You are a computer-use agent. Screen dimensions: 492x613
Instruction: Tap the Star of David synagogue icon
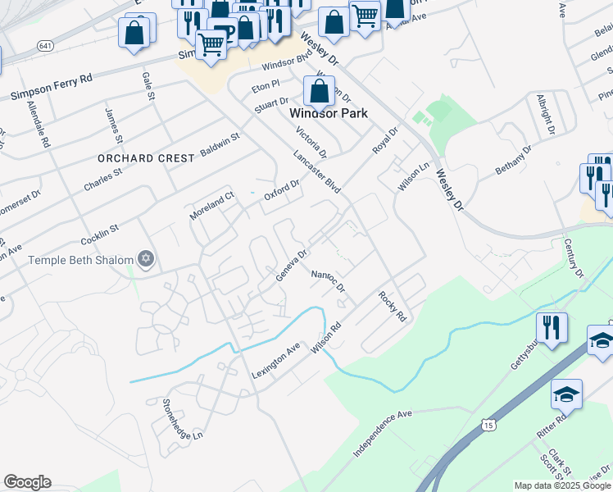[x=146, y=260]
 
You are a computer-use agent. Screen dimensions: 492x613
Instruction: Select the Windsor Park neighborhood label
[x=329, y=113]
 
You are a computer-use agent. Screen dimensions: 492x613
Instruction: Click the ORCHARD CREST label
[x=146, y=157]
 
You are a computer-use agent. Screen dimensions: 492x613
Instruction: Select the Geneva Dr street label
[x=291, y=265]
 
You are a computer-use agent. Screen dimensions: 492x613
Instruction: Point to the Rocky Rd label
[x=393, y=305]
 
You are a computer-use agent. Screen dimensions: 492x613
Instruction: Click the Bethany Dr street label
[x=514, y=160]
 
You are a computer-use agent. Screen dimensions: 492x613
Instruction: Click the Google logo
[x=27, y=482]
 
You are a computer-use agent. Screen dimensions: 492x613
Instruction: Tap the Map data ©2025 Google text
[x=562, y=485]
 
